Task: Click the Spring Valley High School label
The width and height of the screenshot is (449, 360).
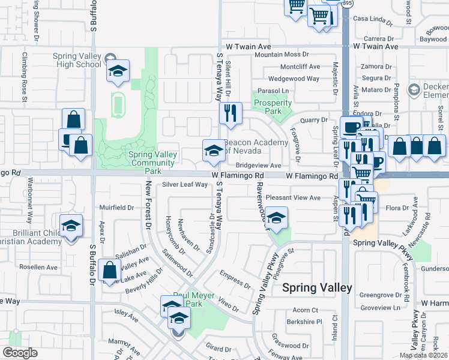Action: pos(77,60)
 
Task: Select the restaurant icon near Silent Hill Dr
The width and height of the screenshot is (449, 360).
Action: pos(231,112)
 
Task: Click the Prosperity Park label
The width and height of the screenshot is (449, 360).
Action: pos(273,107)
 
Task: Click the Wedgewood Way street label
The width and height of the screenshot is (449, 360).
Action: pos(294,79)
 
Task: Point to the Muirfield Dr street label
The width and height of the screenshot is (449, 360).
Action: pos(118,208)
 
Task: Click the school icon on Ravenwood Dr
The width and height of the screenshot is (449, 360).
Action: pos(276,218)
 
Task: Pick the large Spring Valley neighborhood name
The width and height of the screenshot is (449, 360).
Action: pos(317,288)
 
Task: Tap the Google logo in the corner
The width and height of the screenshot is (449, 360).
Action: pos(20,353)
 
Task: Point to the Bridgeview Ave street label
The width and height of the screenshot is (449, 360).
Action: pos(258,166)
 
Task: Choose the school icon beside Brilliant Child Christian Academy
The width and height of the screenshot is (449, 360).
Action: pos(71,226)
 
